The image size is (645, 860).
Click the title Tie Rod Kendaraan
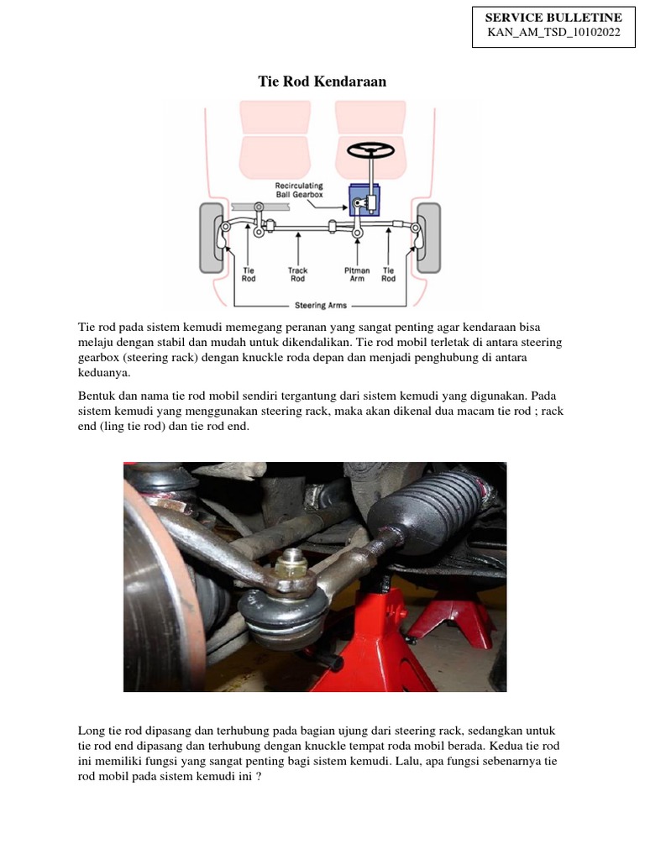coord(322,81)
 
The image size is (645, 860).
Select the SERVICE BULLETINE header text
coord(553,18)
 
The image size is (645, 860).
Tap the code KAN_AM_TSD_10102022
coord(553,33)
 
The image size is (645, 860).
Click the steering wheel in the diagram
coord(370,150)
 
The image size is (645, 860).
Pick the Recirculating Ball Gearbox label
coord(299,190)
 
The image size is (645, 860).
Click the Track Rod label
coord(298,275)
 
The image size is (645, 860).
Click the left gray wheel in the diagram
coord(211,238)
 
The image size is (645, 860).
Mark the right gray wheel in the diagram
coord(428,238)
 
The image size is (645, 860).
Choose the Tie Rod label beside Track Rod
coord(249,275)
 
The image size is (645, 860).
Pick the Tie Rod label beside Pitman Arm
coord(388,275)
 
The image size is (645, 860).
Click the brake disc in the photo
coord(155,588)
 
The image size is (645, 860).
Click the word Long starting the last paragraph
coord(92,731)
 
